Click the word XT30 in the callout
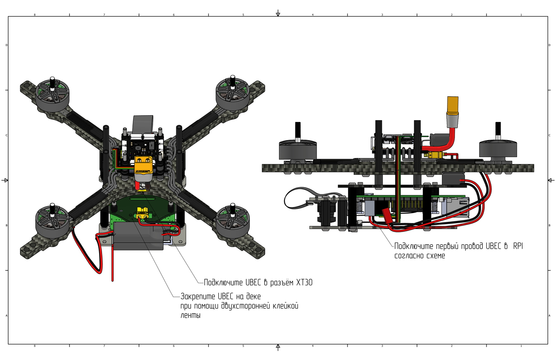click(x=304, y=282)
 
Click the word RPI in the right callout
click(x=518, y=246)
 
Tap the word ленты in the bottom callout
click(x=190, y=315)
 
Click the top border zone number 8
click(x=35, y=15)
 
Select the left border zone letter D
click(x=7, y=45)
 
